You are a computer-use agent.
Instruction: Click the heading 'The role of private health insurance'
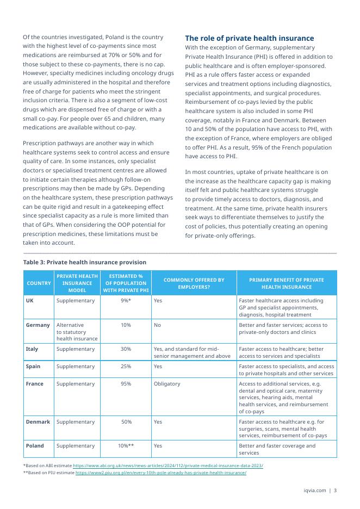pyautogui.click(x=250, y=38)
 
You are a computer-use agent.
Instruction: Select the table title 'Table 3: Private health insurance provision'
pyautogui.click(x=85, y=262)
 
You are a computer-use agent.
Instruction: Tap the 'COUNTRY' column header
pyautogui.click(x=39, y=283)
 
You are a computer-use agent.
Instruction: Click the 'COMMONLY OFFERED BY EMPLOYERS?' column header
pyautogui.click(x=194, y=283)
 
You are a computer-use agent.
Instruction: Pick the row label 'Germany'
pyautogui.click(x=38, y=325)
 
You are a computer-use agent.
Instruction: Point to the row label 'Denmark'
pyautogui.click(x=38, y=421)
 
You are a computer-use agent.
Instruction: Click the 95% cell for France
pyautogui.click(x=126, y=383)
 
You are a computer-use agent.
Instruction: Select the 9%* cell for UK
pyautogui.click(x=126, y=300)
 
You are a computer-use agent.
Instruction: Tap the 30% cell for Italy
pyautogui.click(x=126, y=349)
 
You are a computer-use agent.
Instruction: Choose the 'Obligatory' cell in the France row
pyautogui.click(x=167, y=383)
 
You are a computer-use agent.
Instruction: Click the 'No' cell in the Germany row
pyautogui.click(x=158, y=325)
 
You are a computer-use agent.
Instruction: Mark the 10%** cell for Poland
pyautogui.click(x=126, y=445)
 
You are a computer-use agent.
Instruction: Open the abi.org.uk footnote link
pyautogui.click(x=168, y=465)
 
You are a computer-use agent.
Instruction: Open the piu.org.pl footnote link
pyautogui.click(x=160, y=473)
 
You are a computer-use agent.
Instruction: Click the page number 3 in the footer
pyautogui.click(x=335, y=491)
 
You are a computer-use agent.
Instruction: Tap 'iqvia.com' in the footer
pyautogui.click(x=314, y=491)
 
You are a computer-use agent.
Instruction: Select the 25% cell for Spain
pyautogui.click(x=126, y=366)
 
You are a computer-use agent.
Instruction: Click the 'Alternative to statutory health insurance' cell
pyautogui.click(x=77, y=331)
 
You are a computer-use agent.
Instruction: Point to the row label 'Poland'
pyautogui.click(x=35, y=445)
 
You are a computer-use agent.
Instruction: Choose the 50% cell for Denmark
pyautogui.click(x=126, y=421)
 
